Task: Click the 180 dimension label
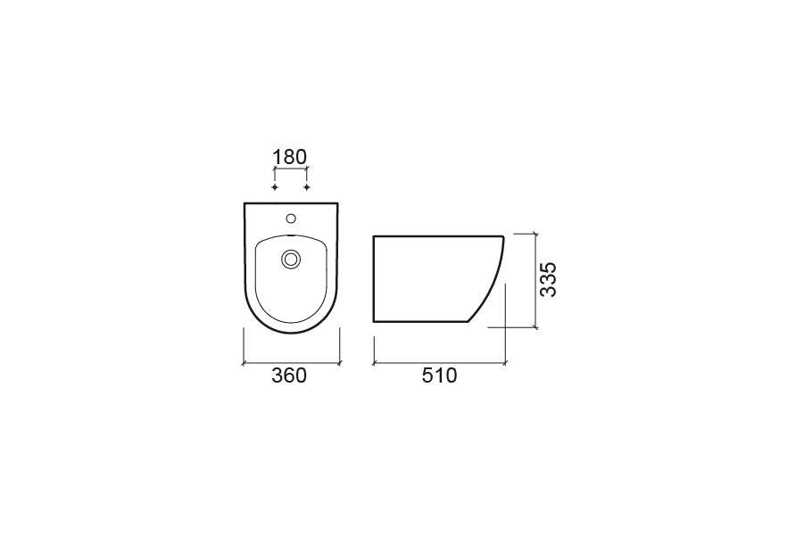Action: pyautogui.click(x=290, y=157)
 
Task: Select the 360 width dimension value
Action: pyautogui.click(x=289, y=375)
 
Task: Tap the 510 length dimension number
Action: pyautogui.click(x=439, y=375)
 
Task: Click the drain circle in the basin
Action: pyautogui.click(x=291, y=260)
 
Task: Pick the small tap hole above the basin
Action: pyautogui.click(x=291, y=218)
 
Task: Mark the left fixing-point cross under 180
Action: pyautogui.click(x=275, y=187)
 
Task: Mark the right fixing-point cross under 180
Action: pyautogui.click(x=307, y=187)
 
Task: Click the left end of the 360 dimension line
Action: pyautogui.click(x=244, y=363)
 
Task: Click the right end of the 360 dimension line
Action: pyautogui.click(x=340, y=363)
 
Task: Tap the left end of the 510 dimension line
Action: pyautogui.click(x=373, y=363)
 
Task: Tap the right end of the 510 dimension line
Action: pyautogui.click(x=505, y=363)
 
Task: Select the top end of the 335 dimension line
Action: pyautogui.click(x=535, y=235)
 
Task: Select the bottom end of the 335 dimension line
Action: pyautogui.click(x=535, y=327)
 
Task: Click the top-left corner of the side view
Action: pyautogui.click(x=373, y=236)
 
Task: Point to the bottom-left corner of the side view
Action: pyautogui.click(x=373, y=321)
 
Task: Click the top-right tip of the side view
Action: pyautogui.click(x=503, y=236)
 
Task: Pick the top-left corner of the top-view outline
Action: pyautogui.click(x=245, y=204)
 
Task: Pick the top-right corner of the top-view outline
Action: pyautogui.click(x=339, y=204)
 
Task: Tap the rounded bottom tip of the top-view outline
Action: pyautogui.click(x=292, y=334)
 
